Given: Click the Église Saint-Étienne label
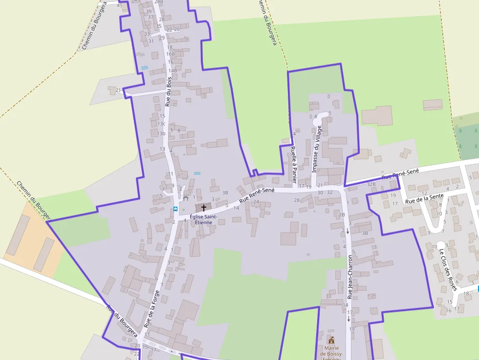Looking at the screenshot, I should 203,219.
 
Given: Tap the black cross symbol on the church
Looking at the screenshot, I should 203,208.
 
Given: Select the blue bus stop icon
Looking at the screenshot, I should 175,209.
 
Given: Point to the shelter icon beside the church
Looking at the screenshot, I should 185,198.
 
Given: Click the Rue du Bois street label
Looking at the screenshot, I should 169,91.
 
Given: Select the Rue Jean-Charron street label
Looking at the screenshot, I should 350,276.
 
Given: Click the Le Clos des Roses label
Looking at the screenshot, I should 449,270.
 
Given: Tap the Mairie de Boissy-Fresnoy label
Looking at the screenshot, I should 331,352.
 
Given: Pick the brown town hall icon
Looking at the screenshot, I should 331,339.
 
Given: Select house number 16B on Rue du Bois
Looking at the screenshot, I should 171,54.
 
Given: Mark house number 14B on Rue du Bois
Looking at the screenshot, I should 173,71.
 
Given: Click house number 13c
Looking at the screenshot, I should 161,124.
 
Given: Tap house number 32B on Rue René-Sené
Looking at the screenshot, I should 371,184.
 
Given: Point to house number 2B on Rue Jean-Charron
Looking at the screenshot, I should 342,214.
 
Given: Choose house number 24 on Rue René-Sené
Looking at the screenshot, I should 256,202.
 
